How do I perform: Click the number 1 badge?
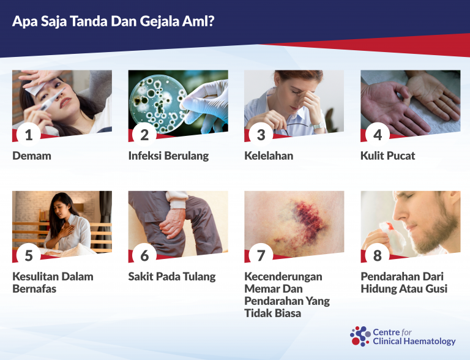click(29, 135)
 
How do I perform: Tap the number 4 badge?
click(378, 135)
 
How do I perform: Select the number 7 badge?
click(261, 255)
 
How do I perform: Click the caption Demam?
click(32, 156)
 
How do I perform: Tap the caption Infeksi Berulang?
click(168, 156)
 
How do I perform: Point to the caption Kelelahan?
click(269, 156)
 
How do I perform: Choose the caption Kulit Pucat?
click(388, 156)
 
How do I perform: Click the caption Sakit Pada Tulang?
click(172, 277)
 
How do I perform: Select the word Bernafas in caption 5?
click(34, 288)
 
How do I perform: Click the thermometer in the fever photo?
click(53, 99)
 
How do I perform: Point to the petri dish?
click(158, 104)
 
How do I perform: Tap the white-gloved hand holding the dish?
click(206, 107)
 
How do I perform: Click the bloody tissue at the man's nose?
click(392, 236)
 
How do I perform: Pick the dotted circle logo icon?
click(360, 336)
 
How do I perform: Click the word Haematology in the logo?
click(430, 342)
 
